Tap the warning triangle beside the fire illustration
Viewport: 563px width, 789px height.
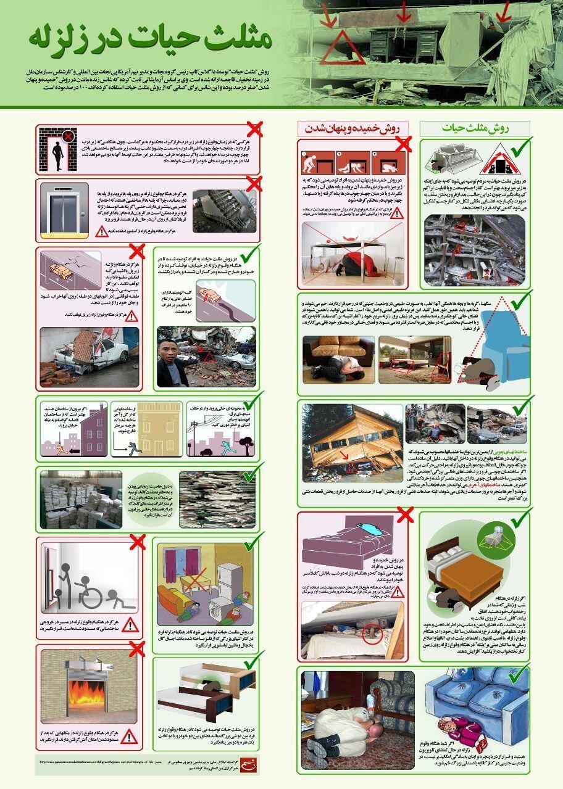[x=130, y=735]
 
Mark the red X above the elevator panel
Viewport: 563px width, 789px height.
[x=253, y=184]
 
